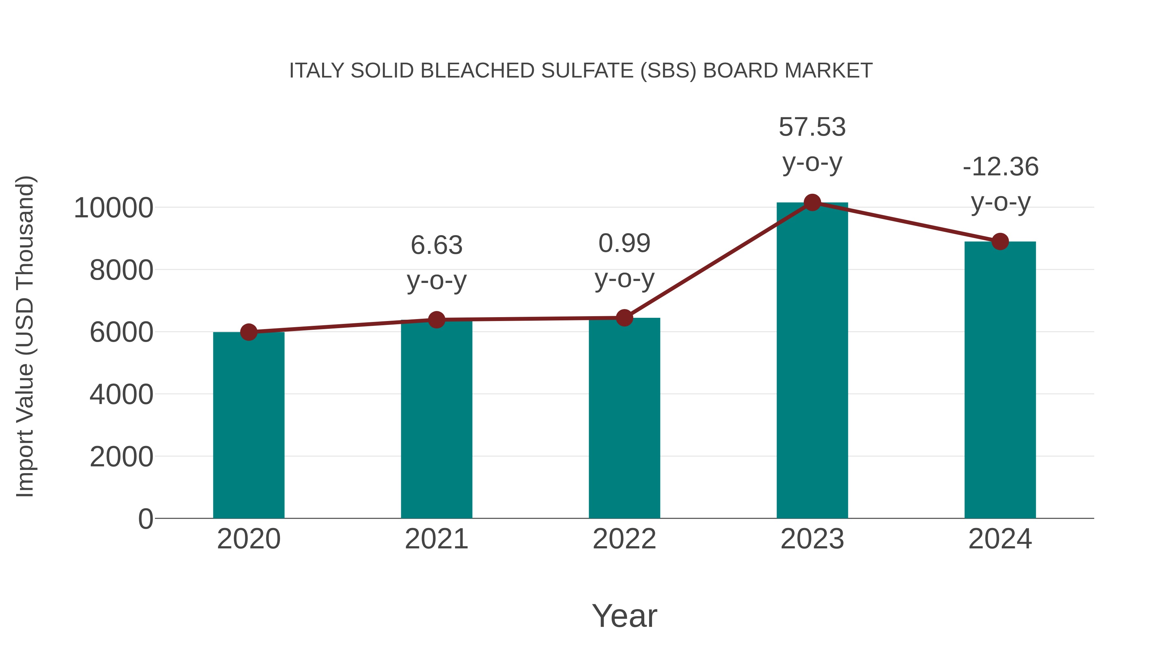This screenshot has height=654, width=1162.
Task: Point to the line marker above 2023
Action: click(812, 202)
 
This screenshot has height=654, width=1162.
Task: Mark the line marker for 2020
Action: click(249, 332)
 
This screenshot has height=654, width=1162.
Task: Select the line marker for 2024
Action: click(1000, 242)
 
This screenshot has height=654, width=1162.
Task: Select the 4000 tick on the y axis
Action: click(121, 394)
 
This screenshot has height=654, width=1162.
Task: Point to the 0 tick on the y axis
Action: click(146, 519)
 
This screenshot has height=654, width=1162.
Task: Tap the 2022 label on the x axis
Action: click(624, 539)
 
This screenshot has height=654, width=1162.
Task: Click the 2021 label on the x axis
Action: click(436, 539)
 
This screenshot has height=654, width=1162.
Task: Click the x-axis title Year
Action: click(624, 616)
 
